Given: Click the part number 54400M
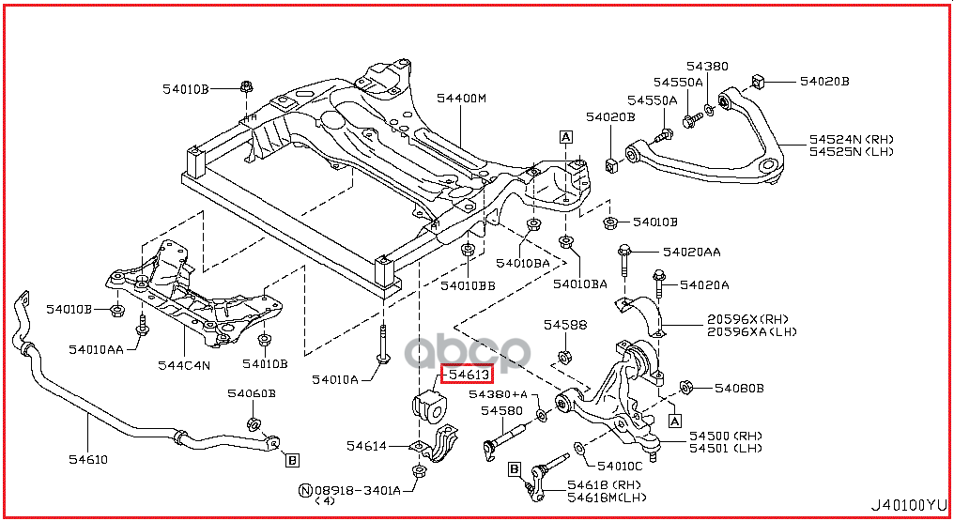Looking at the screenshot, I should click(x=461, y=99).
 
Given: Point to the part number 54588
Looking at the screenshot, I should click(x=565, y=325).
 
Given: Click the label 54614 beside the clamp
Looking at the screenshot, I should click(x=366, y=445).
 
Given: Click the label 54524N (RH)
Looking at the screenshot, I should click(x=852, y=139).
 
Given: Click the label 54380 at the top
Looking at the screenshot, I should click(x=706, y=67).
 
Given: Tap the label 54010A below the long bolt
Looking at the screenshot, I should click(x=336, y=379).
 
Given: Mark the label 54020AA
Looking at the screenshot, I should click(x=691, y=252).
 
